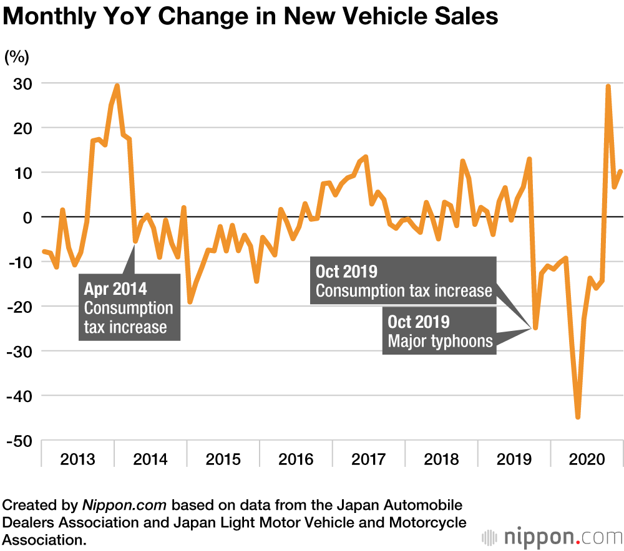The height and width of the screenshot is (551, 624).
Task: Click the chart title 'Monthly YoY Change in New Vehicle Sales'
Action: point(250,16)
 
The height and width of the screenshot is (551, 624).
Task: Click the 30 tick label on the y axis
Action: point(24,84)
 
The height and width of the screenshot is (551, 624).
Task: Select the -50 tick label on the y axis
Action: point(21,441)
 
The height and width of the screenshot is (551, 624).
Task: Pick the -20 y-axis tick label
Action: point(21,307)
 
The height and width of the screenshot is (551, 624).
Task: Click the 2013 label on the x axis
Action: point(77,460)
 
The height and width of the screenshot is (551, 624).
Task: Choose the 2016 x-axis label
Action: point(296,460)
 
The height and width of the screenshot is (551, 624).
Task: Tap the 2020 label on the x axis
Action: point(587,460)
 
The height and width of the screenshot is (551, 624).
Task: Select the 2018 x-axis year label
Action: point(441,460)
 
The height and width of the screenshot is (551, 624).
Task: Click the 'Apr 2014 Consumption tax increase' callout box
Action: point(129,308)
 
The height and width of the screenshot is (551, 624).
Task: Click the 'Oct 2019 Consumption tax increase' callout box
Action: point(403,281)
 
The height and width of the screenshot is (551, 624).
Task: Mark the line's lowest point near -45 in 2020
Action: point(578,417)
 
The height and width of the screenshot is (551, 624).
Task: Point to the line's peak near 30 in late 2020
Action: point(608,87)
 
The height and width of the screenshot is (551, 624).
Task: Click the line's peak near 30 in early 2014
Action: point(117,86)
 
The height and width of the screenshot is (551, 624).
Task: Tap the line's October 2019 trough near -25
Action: point(535,328)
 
